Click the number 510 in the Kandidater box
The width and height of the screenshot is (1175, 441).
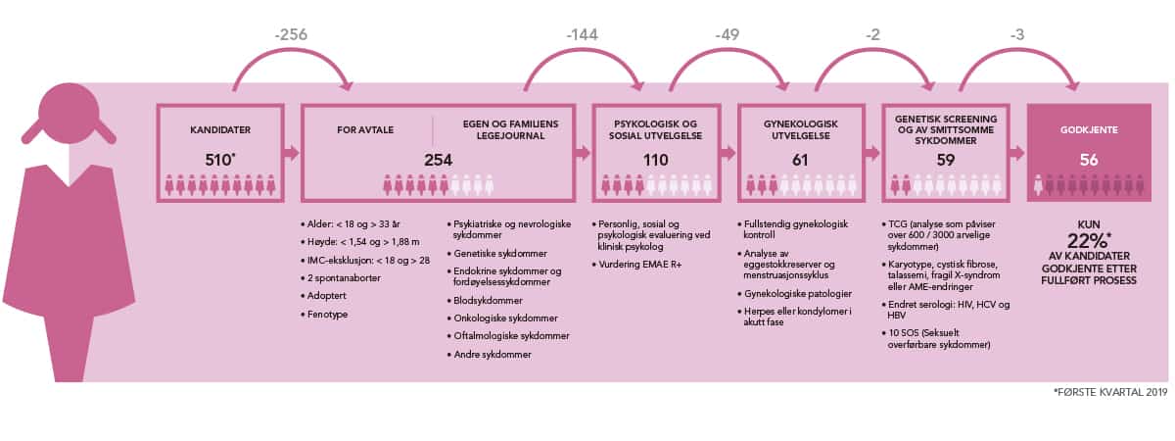point(218,160)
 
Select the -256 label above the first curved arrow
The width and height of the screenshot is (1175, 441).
point(291,34)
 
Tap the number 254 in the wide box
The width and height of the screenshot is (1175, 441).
point(438,160)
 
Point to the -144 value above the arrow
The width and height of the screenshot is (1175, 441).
point(583,34)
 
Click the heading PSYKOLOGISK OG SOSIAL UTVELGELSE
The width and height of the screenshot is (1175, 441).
point(656,129)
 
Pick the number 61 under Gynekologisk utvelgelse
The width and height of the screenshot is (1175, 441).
point(800,160)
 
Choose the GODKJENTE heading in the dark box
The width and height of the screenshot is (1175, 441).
point(1089,129)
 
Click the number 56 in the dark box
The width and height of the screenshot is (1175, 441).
point(1089,160)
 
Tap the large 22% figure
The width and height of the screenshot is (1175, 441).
point(1088,241)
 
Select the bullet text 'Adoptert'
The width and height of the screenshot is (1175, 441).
point(326,296)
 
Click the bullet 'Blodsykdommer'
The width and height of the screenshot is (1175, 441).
point(488,300)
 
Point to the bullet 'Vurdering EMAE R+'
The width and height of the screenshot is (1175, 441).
point(640,265)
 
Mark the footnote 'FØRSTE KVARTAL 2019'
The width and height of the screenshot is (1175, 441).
point(1111,392)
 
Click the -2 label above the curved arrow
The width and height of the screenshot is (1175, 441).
point(872,34)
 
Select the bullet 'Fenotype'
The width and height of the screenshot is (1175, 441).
point(327,315)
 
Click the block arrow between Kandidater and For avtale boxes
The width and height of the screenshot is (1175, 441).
point(292,153)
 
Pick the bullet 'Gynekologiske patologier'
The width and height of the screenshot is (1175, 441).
point(797,294)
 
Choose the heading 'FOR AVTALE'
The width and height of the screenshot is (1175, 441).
point(365,129)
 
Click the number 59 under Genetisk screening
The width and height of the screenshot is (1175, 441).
point(945,160)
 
